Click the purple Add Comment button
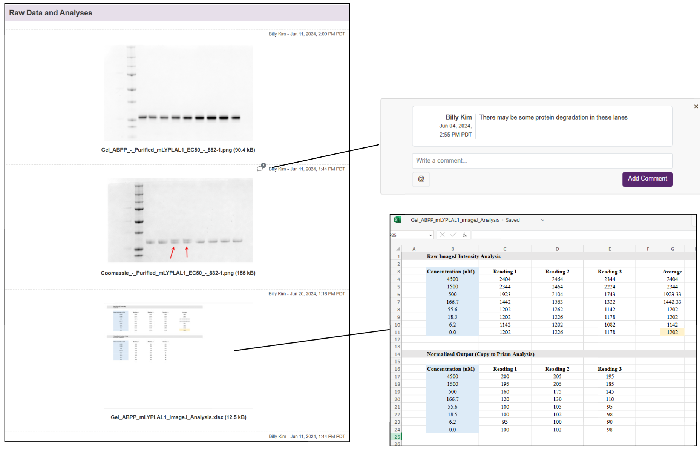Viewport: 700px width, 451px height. [647, 179]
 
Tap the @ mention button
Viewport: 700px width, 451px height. [421, 179]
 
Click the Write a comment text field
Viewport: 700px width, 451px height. [542, 161]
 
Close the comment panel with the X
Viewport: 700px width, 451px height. [696, 107]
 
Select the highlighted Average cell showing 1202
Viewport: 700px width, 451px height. [672, 332]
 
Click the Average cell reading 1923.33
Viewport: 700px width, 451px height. [672, 295]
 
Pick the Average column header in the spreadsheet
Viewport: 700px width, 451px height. [672, 272]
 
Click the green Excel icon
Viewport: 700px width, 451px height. [397, 220]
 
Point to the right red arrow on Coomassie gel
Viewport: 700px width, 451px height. [187, 252]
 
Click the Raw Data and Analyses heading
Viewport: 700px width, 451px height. [51, 13]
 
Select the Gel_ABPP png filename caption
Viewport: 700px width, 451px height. [178, 150]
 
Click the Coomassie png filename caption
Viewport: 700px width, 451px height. [178, 273]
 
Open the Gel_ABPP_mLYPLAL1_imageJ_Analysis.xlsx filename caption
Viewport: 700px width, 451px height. [178, 417]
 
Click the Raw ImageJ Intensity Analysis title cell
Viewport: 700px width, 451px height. [463, 256]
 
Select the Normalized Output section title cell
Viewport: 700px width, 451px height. [480, 354]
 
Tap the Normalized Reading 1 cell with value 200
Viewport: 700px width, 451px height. [505, 377]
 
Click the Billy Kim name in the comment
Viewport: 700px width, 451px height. [458, 117]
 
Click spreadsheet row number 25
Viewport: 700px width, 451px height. [397, 437]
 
